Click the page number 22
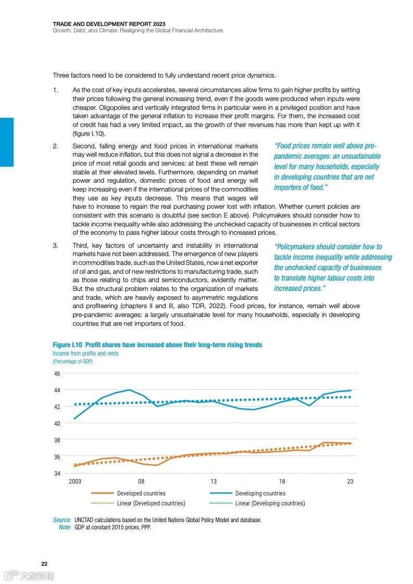click(x=44, y=564)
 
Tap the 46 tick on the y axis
click(x=57, y=374)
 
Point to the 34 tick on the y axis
click(x=57, y=473)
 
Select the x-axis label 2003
click(x=75, y=481)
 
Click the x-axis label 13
click(x=214, y=481)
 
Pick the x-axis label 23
click(x=350, y=481)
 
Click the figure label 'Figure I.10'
click(x=67, y=345)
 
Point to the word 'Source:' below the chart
click(x=62, y=519)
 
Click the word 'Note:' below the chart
click(x=65, y=527)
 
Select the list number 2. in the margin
click(x=55, y=146)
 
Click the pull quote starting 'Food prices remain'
click(x=327, y=167)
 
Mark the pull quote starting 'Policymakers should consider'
click(x=333, y=268)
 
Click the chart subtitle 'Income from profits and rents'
click(x=85, y=353)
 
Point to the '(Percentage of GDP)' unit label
click(x=72, y=361)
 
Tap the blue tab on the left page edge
click(x=7, y=142)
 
